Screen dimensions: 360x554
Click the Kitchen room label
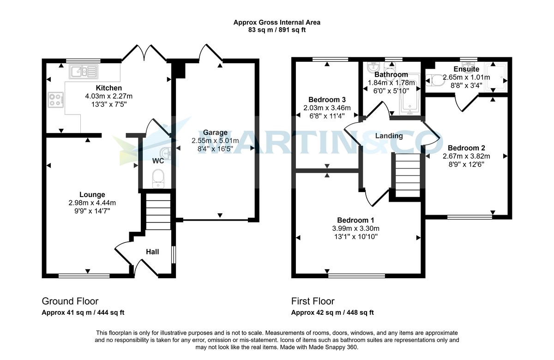pos(108,88)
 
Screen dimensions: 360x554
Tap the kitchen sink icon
pos(84,72)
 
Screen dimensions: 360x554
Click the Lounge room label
pos(92,195)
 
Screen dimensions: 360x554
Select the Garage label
pos(215,133)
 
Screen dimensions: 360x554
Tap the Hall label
pos(152,252)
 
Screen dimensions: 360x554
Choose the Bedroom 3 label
pos(327,100)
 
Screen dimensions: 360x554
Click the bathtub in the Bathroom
pos(409,95)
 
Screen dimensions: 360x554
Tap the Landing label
pos(389,136)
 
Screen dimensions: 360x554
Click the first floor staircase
pos(407,174)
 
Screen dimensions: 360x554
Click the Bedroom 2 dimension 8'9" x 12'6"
pos(466,164)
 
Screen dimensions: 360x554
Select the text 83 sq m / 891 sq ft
pos(277,30)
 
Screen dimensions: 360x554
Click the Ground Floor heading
pos(70,301)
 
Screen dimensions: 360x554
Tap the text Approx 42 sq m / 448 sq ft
pos(332,312)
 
